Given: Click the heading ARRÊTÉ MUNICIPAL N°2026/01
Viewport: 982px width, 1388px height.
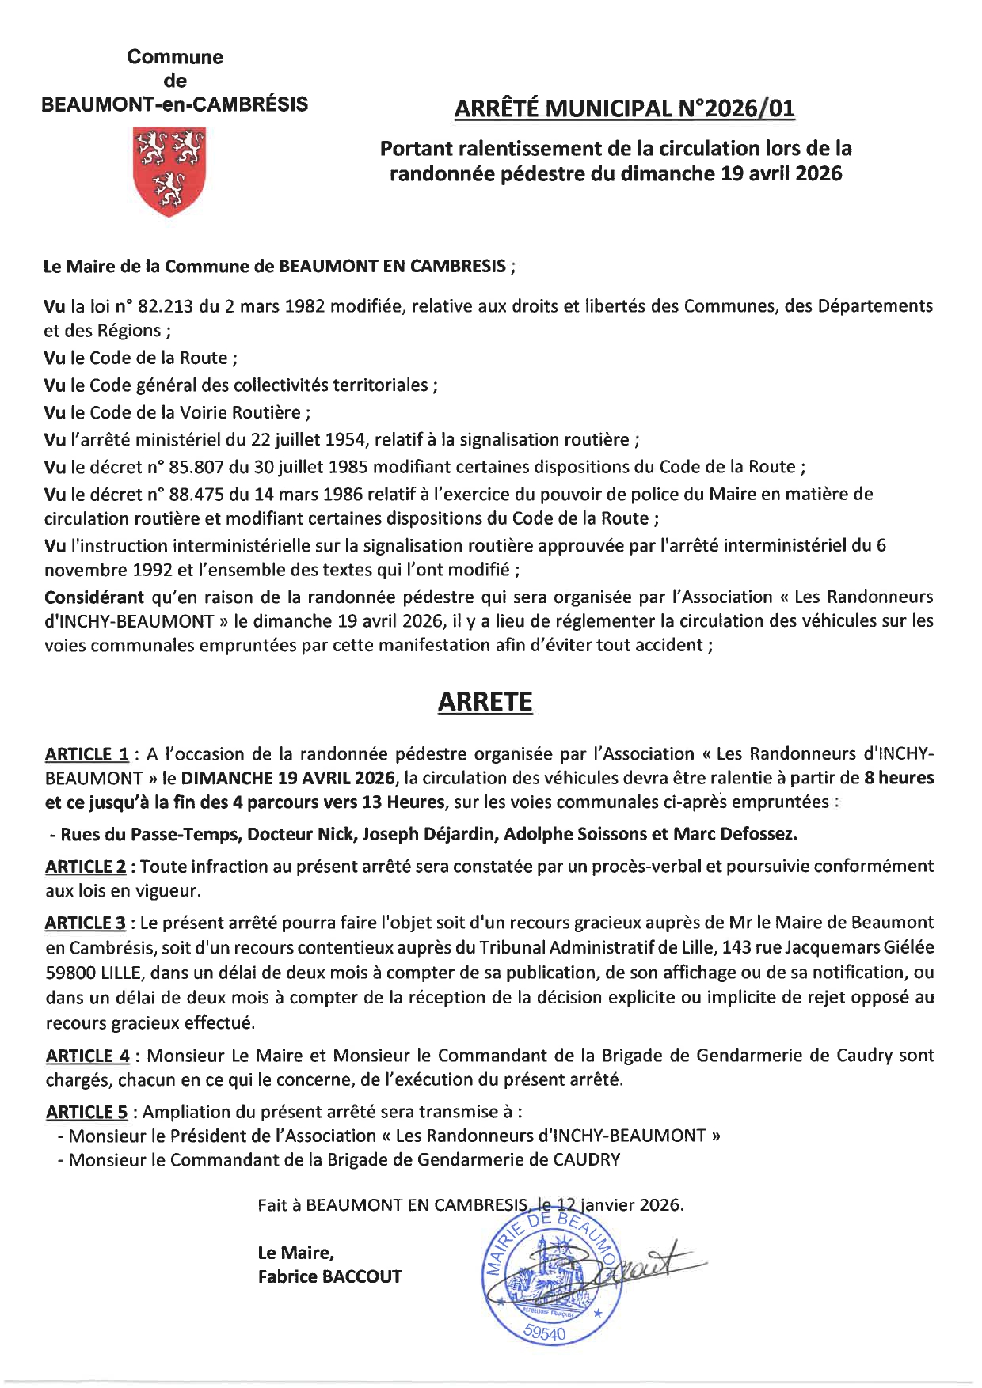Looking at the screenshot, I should click(x=624, y=108).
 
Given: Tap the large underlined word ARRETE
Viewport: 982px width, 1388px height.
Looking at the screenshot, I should click(x=485, y=702).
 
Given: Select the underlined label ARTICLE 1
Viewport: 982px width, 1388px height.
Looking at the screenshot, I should click(x=86, y=754).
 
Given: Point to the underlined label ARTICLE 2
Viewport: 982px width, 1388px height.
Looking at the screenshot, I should click(x=86, y=867).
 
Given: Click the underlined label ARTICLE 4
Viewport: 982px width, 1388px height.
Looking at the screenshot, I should click(x=88, y=1056).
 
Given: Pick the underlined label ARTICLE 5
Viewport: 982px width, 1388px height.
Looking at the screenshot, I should click(x=86, y=1112).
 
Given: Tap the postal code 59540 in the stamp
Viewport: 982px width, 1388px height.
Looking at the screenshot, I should click(x=545, y=1333).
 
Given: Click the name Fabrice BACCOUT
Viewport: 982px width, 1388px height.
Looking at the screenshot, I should click(x=329, y=1276).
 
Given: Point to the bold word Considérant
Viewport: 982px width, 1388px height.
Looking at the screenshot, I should click(x=94, y=597).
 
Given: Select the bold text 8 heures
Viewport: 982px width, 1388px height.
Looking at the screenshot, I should click(x=899, y=778).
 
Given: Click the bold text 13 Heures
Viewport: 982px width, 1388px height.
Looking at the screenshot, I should click(x=403, y=802).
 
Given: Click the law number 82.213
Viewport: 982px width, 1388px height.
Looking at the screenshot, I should click(x=167, y=306).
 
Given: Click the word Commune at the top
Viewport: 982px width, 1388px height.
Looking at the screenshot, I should click(x=175, y=57).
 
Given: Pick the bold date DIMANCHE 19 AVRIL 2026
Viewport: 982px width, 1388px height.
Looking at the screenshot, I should click(x=287, y=778).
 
